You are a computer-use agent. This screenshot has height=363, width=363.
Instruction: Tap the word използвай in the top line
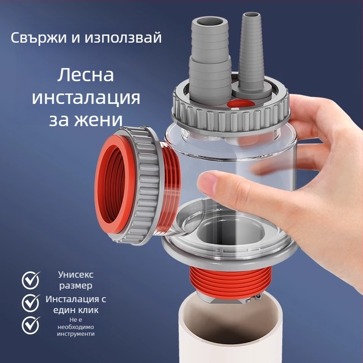coord(123,38)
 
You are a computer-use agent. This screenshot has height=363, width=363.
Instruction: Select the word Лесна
coord(85,75)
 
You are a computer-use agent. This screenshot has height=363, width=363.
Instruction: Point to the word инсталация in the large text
coord(86,98)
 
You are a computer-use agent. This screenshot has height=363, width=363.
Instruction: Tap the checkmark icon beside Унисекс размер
coord(31,280)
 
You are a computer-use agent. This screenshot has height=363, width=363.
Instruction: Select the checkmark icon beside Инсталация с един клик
coord(31,303)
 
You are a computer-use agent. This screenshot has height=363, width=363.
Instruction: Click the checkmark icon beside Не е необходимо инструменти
coord(31,325)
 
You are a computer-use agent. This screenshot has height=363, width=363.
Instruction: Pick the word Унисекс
coord(76,275)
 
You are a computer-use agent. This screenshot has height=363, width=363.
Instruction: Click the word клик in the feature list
coord(88,310)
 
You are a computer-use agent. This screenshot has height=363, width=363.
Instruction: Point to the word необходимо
coord(76,327)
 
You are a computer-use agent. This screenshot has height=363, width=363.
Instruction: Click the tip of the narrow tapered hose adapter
coord(251,16)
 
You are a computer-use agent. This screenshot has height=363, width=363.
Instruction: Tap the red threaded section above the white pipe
coord(230,282)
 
